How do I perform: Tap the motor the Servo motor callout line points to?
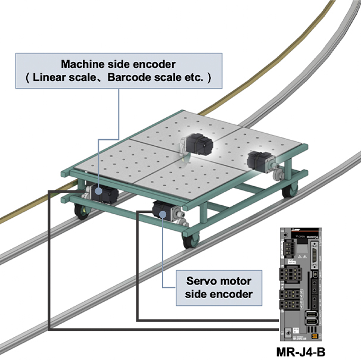163,210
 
